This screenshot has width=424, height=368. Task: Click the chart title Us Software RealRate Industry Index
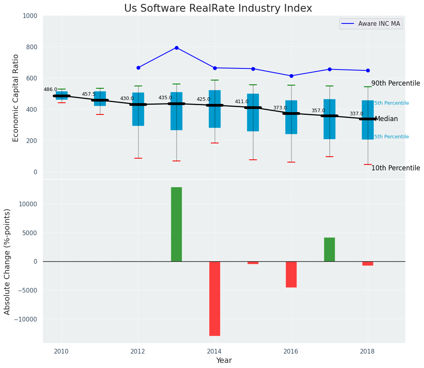pos(218,9)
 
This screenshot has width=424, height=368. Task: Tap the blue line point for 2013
pos(176,48)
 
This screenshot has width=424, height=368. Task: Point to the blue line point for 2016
pos(291,76)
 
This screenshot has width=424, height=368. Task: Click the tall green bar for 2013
pos(176,224)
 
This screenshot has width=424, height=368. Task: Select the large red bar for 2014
pos(215,298)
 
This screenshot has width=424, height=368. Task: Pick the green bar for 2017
pos(330,249)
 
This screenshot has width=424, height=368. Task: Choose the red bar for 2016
pos(291,274)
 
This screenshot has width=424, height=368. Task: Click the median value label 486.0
pos(50,89)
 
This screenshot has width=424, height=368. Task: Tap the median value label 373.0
pos(280,108)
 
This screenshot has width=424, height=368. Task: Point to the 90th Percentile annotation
pos(395,83)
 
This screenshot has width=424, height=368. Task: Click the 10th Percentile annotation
pos(395,168)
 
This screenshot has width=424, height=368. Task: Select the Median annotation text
pos(386,119)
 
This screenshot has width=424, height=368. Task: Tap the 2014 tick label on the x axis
pos(215,351)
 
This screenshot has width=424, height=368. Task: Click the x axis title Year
pos(224,361)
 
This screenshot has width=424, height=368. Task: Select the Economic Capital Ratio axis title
pos(16,98)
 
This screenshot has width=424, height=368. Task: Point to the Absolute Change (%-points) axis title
pos(7,261)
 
